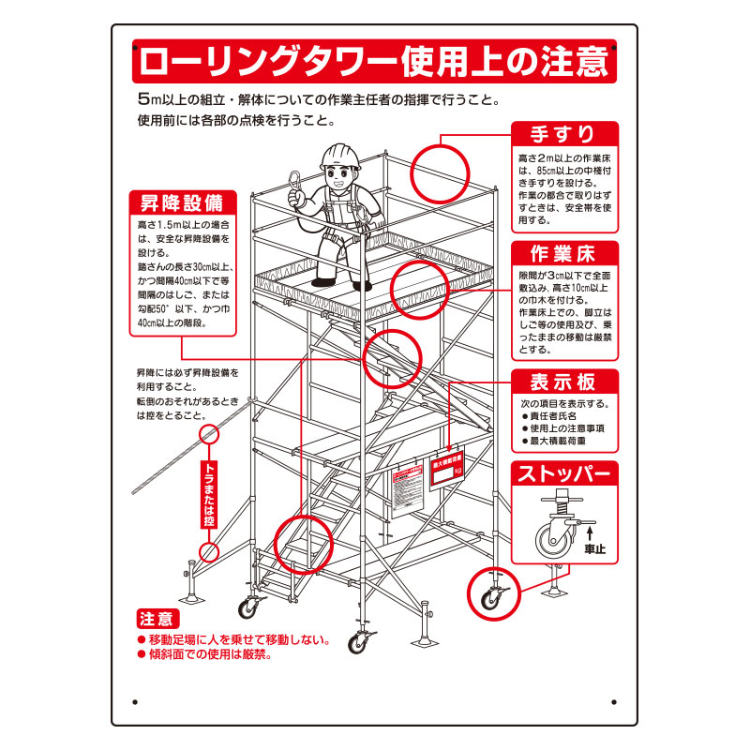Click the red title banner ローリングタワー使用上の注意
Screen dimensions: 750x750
point(374,62)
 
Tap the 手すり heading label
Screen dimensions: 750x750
point(564,133)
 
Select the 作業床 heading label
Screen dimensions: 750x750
point(564,254)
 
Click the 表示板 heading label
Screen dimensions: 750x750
point(564,382)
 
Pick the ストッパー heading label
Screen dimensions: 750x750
point(564,473)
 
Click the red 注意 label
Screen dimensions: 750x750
point(155,619)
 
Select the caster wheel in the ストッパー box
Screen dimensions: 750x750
point(548,541)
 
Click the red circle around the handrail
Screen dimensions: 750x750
point(441,172)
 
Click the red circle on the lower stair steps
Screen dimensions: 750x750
point(305,545)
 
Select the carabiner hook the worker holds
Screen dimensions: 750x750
point(295,184)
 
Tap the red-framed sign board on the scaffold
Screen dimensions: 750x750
point(446,473)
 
